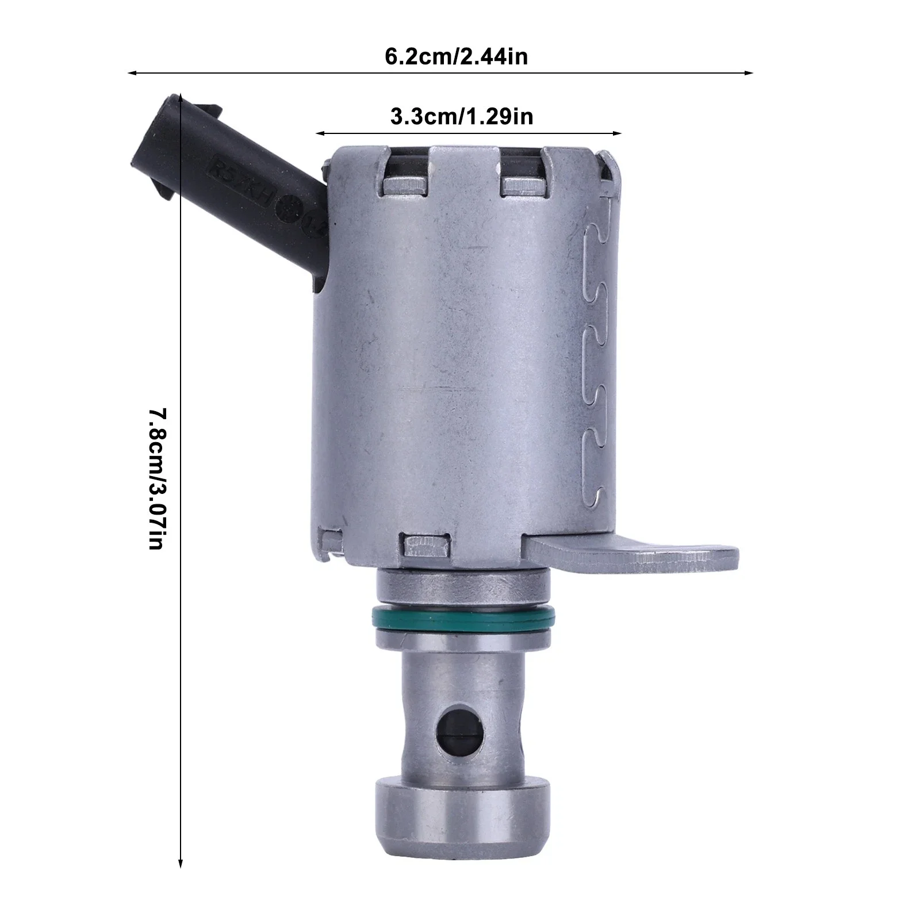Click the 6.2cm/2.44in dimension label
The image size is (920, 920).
coord(456,57)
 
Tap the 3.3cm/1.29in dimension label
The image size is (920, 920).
coord(462,117)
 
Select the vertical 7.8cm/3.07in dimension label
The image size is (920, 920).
coord(158,478)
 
